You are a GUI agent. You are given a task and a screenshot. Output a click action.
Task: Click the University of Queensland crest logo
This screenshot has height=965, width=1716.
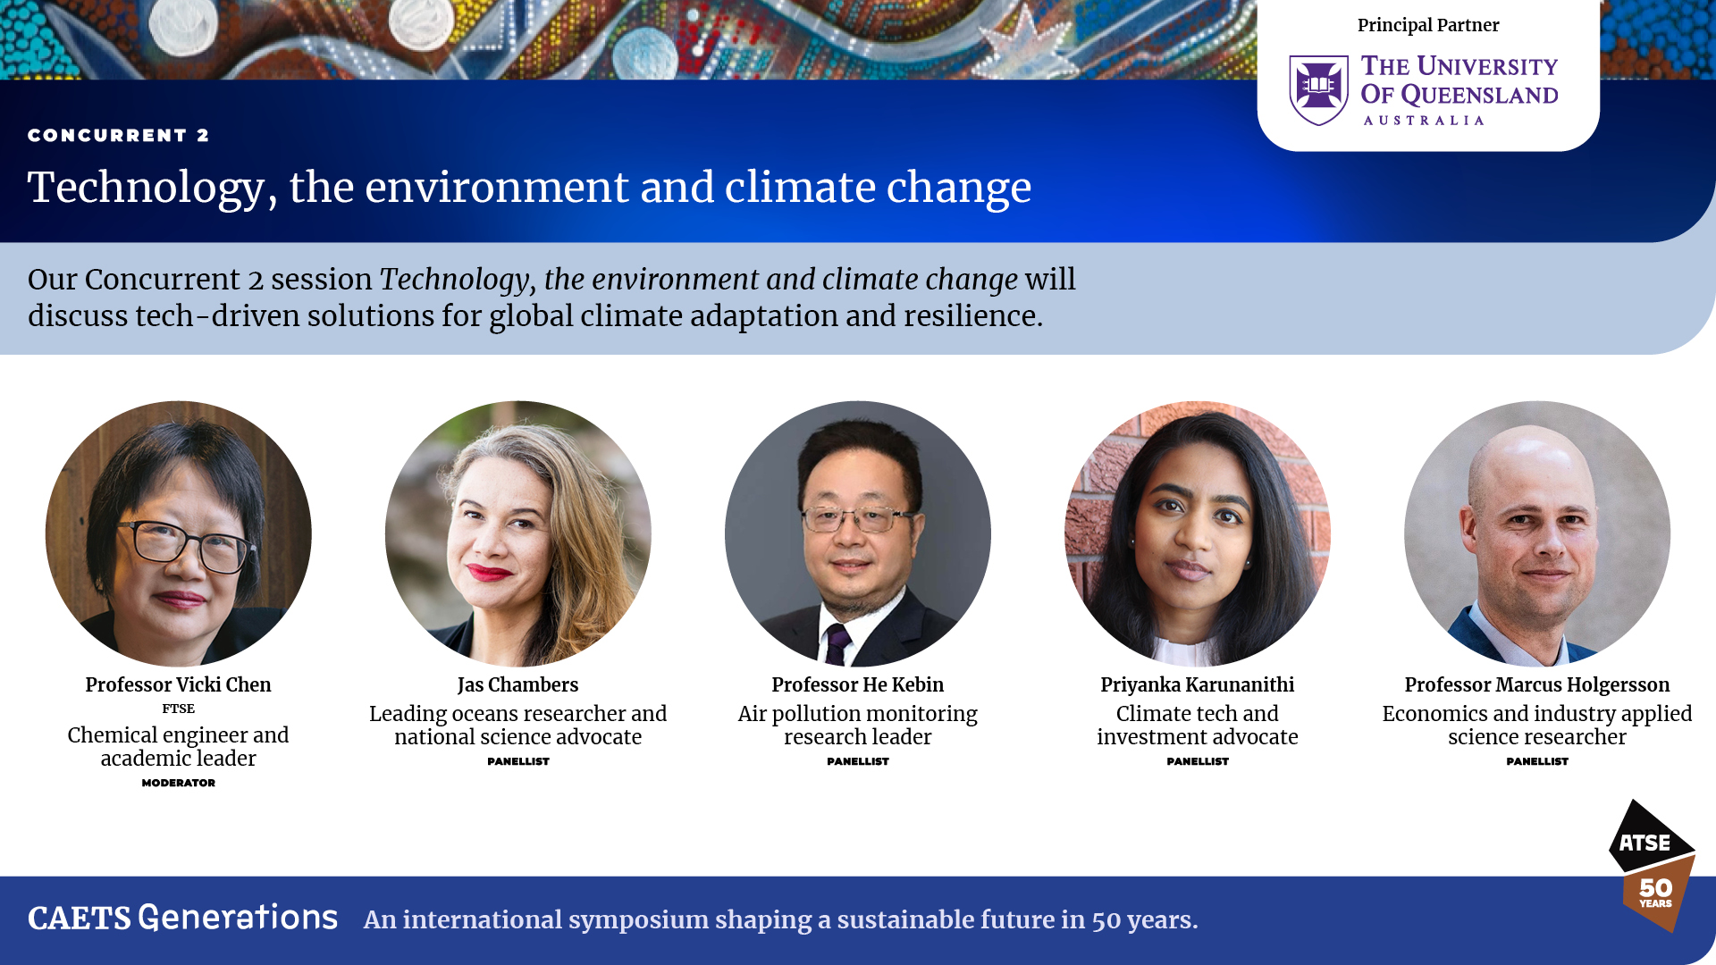point(1318,90)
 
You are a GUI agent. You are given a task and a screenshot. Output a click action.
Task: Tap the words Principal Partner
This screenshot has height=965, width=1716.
point(1428,25)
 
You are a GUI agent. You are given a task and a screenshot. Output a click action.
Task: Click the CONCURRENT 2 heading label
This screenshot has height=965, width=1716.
point(118,135)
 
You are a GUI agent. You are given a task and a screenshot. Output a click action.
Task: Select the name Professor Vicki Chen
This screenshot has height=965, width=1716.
point(178,684)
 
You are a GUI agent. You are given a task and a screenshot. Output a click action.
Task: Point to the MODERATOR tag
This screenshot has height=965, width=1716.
point(178,783)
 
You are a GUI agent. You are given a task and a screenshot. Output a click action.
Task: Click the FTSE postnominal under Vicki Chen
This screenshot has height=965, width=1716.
point(178,709)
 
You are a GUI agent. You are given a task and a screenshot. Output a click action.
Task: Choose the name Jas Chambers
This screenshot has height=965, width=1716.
point(517,684)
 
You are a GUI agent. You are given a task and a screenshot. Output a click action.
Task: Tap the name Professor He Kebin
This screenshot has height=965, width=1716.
point(857,684)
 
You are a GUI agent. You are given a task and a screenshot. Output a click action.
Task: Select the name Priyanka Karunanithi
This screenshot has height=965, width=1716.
point(1197,684)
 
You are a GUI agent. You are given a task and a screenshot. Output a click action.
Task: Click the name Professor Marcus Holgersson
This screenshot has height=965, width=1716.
point(1536,684)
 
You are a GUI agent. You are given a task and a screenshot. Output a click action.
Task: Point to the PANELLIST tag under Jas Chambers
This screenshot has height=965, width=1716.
point(518,761)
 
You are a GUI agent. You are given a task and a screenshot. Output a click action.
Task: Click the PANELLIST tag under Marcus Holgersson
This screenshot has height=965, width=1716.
point(1537,761)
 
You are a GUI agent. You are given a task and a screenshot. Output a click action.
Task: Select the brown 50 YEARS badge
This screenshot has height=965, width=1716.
point(1659,894)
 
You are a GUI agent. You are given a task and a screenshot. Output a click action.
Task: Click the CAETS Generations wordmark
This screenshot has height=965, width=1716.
point(182,918)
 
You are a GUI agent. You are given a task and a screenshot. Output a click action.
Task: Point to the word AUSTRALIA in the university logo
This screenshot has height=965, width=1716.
point(1424,121)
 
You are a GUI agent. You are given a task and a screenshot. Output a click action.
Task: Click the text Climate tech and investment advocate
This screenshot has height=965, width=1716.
point(1197,726)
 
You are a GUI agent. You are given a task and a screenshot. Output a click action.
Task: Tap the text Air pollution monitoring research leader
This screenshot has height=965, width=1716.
point(857,726)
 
